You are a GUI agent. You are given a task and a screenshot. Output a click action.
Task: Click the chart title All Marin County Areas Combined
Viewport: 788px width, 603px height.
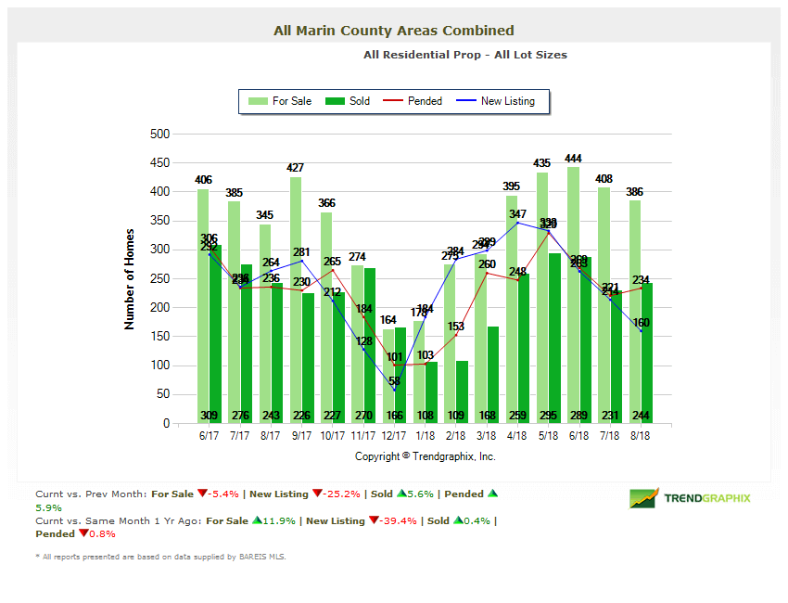pyautogui.click(x=393, y=31)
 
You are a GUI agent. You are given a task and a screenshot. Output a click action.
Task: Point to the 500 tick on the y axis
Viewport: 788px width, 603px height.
pyautogui.click(x=159, y=134)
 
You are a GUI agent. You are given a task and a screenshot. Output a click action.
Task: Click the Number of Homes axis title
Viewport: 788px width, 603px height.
pyautogui.click(x=130, y=279)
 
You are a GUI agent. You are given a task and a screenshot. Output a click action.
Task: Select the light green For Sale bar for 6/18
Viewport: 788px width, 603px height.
pyautogui.click(x=573, y=297)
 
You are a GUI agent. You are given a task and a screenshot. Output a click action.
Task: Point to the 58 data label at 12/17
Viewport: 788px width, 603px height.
pyautogui.click(x=395, y=381)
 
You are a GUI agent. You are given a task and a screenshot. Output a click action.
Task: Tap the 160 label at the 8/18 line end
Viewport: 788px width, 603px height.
pyautogui.click(x=641, y=323)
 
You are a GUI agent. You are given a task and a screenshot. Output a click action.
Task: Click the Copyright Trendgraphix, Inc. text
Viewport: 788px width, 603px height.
pyautogui.click(x=426, y=456)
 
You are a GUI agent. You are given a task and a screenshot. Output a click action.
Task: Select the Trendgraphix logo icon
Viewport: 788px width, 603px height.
pyautogui.click(x=643, y=498)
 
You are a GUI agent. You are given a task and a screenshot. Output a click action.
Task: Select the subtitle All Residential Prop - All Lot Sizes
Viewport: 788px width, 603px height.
pyautogui.click(x=464, y=55)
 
